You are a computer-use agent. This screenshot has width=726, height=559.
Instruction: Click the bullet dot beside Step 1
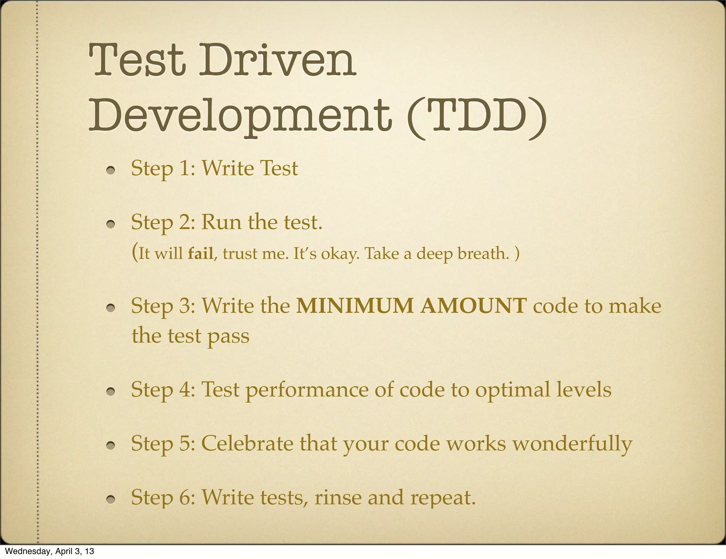[111, 170]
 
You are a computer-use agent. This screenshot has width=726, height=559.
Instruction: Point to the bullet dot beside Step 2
[111, 224]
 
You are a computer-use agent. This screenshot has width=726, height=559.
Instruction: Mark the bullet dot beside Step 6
[111, 499]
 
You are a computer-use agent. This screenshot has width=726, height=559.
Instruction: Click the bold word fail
[201, 254]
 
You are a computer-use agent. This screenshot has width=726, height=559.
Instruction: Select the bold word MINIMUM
[354, 306]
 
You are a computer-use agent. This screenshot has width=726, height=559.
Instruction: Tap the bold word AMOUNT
[473, 306]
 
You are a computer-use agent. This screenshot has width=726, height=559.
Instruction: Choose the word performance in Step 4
[307, 390]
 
